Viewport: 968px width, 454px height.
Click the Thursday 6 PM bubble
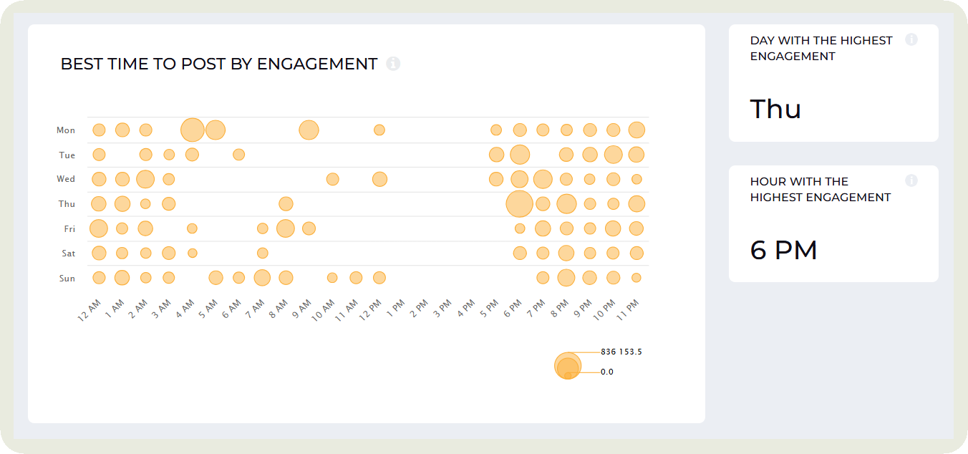[x=519, y=203]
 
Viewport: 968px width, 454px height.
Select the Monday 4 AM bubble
[x=192, y=130]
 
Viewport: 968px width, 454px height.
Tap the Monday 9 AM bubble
[x=309, y=130]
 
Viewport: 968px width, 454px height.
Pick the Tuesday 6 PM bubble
[x=520, y=155]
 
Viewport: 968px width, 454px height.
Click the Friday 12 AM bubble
[x=99, y=228]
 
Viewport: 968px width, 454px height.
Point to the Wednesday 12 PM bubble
[x=379, y=179]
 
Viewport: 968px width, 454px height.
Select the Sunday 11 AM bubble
[x=356, y=278]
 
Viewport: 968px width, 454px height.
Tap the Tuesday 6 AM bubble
[x=239, y=154]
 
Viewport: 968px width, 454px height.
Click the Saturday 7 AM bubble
[x=263, y=253]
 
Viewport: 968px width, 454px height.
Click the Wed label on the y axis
[x=67, y=179]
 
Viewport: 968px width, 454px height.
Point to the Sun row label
[x=67, y=279]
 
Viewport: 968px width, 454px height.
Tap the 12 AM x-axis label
[x=89, y=312]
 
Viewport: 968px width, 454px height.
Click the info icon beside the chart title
[x=393, y=64]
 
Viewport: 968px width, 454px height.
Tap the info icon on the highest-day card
[x=911, y=39]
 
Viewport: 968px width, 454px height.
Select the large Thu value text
[x=775, y=110]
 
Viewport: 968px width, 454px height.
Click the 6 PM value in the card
[x=783, y=251]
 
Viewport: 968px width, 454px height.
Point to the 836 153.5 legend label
[x=621, y=352]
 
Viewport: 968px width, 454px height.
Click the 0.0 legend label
[x=607, y=372]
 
